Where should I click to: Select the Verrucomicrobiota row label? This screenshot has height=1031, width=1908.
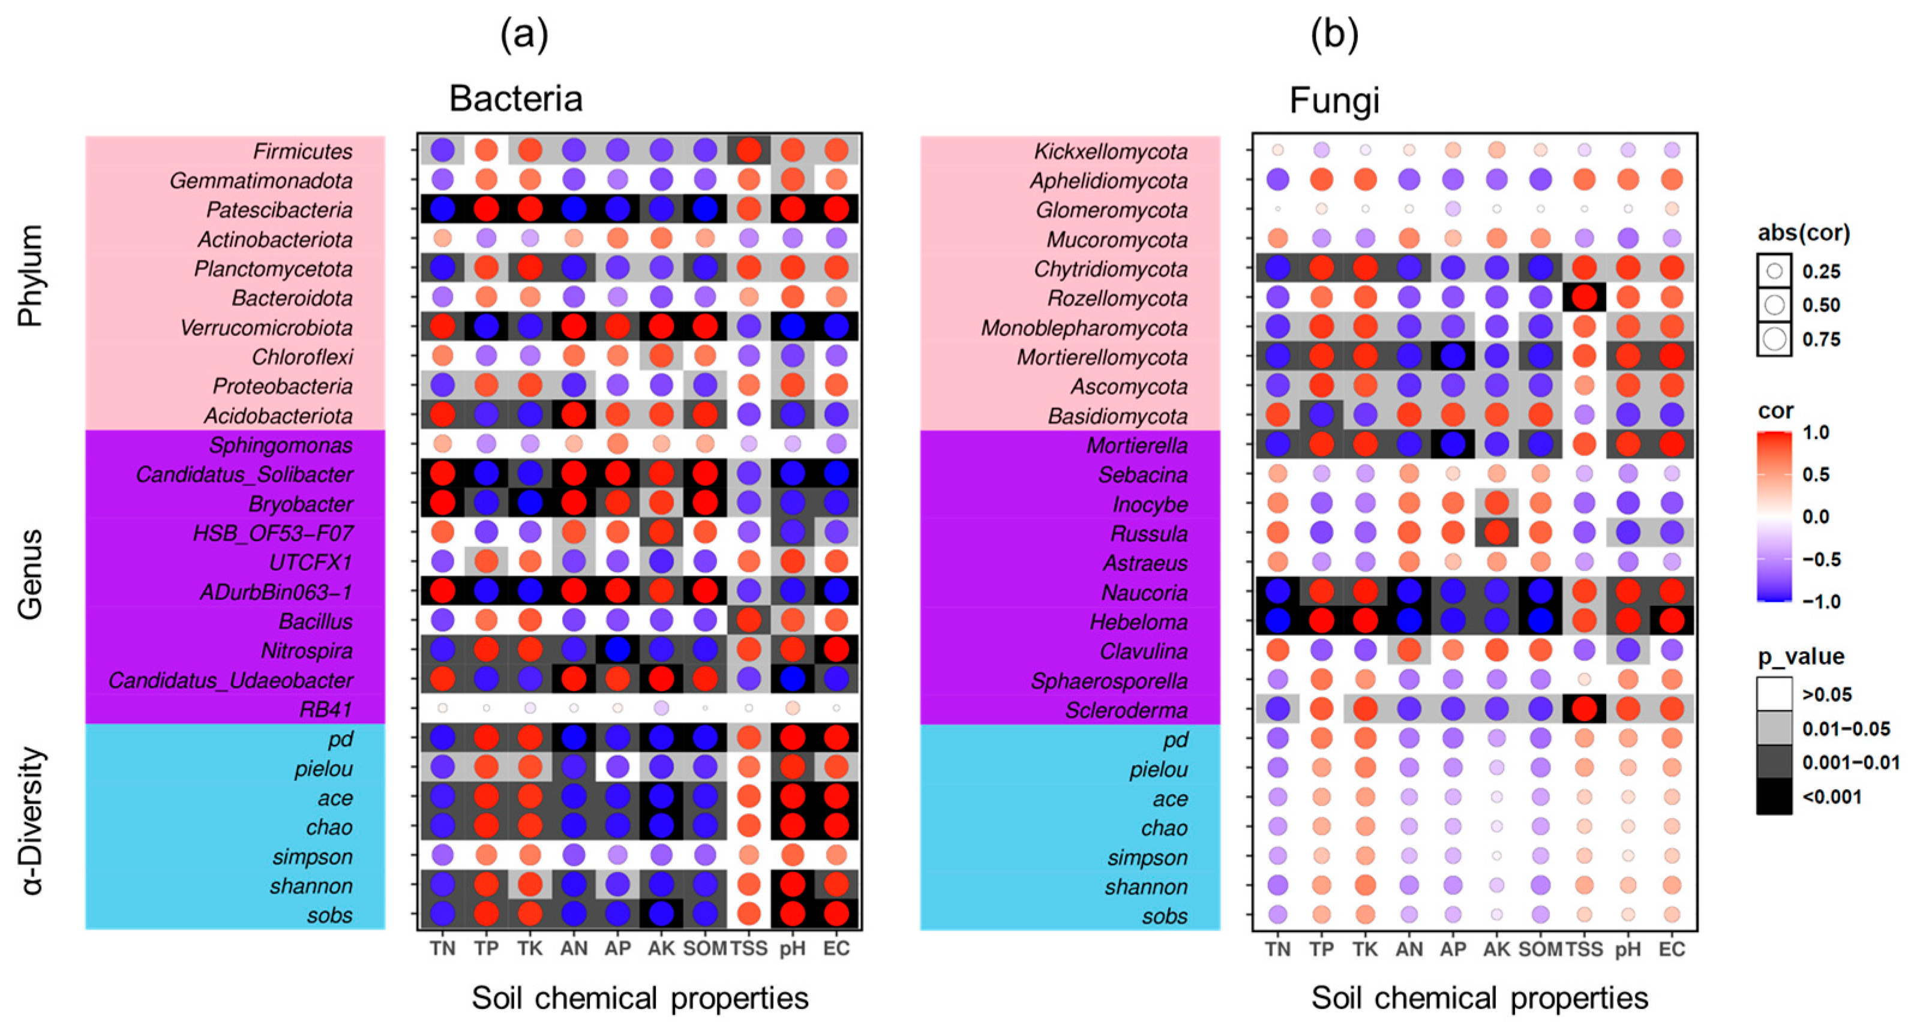pyautogui.click(x=266, y=327)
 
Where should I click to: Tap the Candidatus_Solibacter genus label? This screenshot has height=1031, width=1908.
pyautogui.click(x=244, y=474)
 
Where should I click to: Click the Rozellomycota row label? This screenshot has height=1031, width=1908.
pyautogui.click(x=1117, y=297)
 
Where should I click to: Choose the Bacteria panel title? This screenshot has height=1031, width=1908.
pyautogui.click(x=515, y=98)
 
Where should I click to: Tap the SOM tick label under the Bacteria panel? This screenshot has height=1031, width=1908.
pyautogui.click(x=704, y=949)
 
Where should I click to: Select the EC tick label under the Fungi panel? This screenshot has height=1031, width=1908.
pyautogui.click(x=1672, y=949)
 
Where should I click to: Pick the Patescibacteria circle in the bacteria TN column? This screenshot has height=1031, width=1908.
pyautogui.click(x=443, y=209)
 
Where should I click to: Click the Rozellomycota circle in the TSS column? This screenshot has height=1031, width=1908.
pyautogui.click(x=1585, y=297)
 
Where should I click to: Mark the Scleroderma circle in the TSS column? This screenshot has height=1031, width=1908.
pyautogui.click(x=1585, y=709)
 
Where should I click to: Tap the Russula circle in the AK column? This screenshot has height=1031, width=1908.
pyautogui.click(x=1497, y=532)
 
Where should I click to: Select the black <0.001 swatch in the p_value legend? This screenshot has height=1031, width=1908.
pyautogui.click(x=1774, y=797)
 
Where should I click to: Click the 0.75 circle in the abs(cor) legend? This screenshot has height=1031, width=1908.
pyautogui.click(x=1774, y=339)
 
